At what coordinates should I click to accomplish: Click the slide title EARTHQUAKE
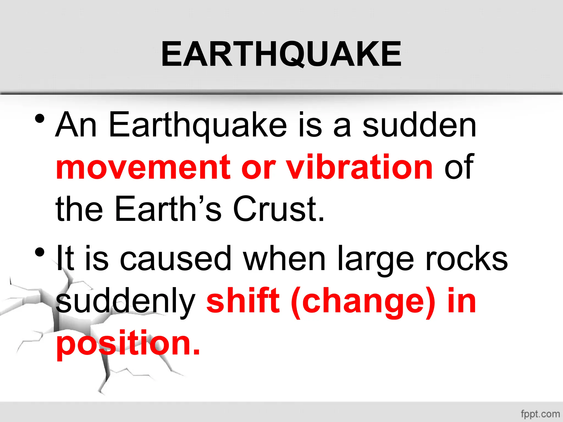point(281,54)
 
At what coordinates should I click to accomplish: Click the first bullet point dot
point(40,119)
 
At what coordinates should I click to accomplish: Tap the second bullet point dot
point(40,252)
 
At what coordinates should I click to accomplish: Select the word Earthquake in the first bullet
point(198,125)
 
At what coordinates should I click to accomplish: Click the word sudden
point(419,125)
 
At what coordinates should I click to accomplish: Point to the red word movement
point(143,168)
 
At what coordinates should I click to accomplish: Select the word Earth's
point(168,209)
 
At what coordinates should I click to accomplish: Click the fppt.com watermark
point(540,414)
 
